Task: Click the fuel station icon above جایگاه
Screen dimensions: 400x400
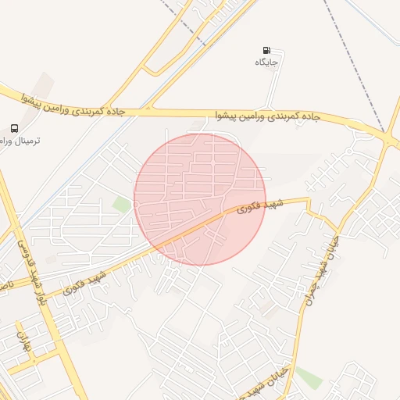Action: tap(268, 50)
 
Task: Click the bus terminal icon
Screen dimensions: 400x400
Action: tap(15, 128)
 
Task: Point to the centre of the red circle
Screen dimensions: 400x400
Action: tap(200, 199)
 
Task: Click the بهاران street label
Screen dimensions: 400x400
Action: tap(23, 341)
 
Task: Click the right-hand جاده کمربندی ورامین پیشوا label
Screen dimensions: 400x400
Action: tap(269, 116)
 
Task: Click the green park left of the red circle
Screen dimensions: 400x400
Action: tap(121, 205)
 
